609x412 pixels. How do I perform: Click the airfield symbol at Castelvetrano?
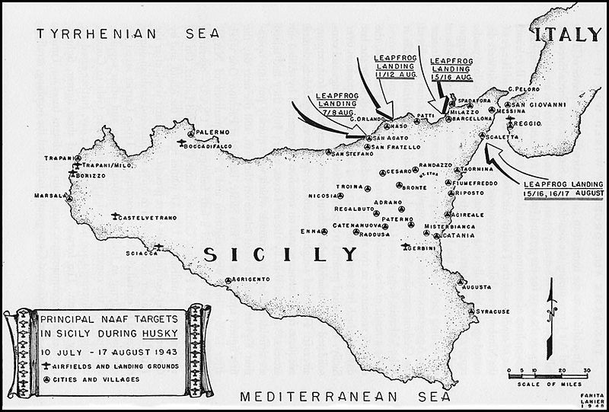(x=115, y=216)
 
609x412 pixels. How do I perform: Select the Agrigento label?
(x=249, y=279)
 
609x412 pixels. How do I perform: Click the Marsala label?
(x=49, y=196)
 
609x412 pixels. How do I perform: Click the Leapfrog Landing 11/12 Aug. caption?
(x=394, y=65)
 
